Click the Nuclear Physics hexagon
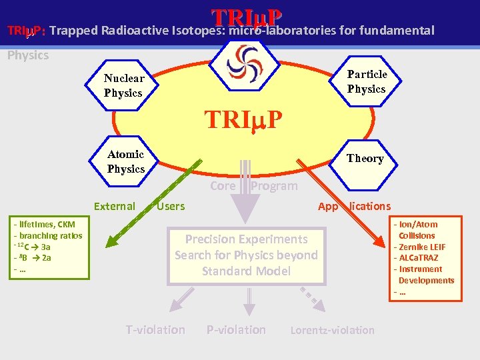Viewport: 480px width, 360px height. (x=124, y=85)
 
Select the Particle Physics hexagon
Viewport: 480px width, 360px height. (x=366, y=81)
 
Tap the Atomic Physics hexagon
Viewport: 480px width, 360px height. (x=126, y=161)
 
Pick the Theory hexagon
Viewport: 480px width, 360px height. (x=365, y=158)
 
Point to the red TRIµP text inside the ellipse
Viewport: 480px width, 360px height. (x=244, y=119)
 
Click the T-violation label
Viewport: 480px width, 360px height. (x=155, y=329)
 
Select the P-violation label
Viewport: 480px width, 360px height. (x=236, y=329)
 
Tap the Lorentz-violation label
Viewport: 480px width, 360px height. (x=333, y=330)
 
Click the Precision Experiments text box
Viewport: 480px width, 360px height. (x=246, y=255)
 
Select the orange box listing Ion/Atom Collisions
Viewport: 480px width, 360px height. (x=425, y=258)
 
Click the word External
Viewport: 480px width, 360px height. (x=114, y=206)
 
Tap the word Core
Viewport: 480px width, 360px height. (x=223, y=186)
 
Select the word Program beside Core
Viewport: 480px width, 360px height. (x=274, y=186)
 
